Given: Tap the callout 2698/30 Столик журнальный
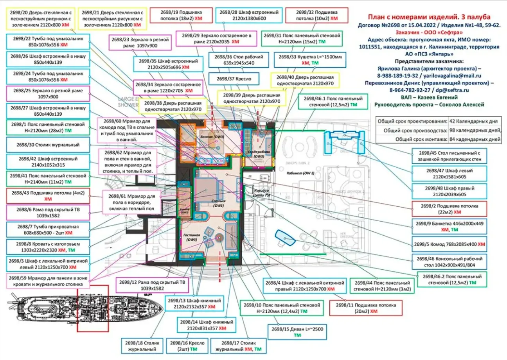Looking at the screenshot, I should (x=48, y=145).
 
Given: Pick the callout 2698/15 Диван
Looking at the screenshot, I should (x=297, y=331).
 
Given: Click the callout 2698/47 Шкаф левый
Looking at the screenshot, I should (x=449, y=174).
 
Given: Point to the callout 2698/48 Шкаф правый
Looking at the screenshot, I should (x=449, y=191).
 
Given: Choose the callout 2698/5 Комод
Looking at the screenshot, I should (x=449, y=244).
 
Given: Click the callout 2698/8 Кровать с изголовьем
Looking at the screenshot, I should (x=48, y=247).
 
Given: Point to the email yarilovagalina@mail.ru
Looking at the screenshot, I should (x=453, y=75).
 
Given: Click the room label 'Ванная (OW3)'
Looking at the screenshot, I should (x=206, y=139).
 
